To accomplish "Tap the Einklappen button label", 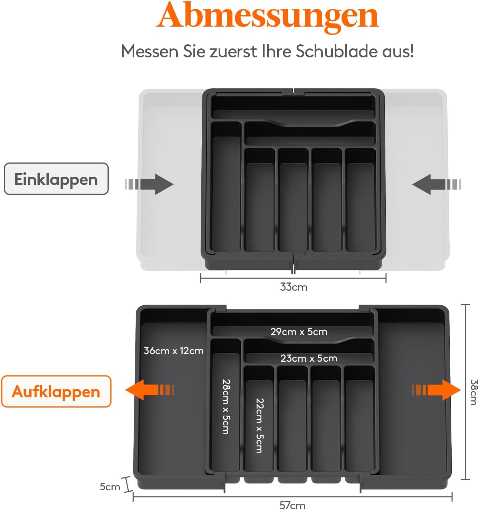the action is (x=56, y=179).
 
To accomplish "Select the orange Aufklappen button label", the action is (x=56, y=392).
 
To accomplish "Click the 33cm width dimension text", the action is (x=294, y=287).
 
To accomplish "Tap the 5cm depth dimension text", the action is (x=110, y=486).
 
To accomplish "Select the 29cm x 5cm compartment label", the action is (x=299, y=332).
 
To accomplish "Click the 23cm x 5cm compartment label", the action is (x=309, y=358).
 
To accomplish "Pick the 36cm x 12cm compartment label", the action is (x=173, y=351).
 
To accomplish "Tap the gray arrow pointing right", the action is (x=149, y=184).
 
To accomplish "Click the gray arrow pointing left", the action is (x=437, y=184).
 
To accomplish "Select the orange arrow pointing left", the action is (x=150, y=390).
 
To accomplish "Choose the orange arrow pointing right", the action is (x=436, y=390).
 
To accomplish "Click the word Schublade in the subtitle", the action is (x=337, y=52).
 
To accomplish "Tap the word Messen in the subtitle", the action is (x=150, y=52).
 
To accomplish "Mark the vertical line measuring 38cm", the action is (x=466, y=392).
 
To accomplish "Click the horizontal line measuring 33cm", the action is (x=293, y=278).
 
